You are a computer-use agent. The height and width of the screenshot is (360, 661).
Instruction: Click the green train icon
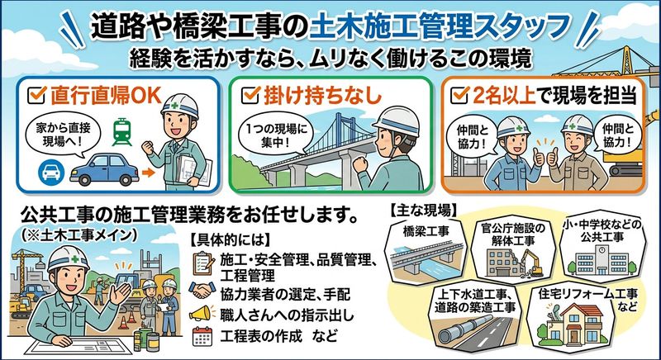122,132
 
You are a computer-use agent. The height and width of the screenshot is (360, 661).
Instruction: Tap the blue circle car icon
51,172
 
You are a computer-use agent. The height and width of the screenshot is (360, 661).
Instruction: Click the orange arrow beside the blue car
149,173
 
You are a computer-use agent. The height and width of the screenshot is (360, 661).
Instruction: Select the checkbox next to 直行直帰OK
36,96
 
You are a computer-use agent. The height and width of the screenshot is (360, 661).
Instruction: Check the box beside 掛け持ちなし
250,95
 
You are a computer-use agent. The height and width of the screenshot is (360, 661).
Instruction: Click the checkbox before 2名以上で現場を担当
459,95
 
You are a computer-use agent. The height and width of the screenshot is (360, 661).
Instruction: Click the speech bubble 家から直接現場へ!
63,133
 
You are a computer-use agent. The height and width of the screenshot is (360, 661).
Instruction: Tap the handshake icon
202,290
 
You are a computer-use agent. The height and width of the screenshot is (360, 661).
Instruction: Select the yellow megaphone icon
200,313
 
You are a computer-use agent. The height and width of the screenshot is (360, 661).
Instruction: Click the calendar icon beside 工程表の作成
202,336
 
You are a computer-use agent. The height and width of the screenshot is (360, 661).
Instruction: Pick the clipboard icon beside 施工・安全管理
202,263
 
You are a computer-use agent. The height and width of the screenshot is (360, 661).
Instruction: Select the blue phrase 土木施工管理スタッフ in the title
440,28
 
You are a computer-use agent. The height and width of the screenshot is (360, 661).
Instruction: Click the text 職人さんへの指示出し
287,314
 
